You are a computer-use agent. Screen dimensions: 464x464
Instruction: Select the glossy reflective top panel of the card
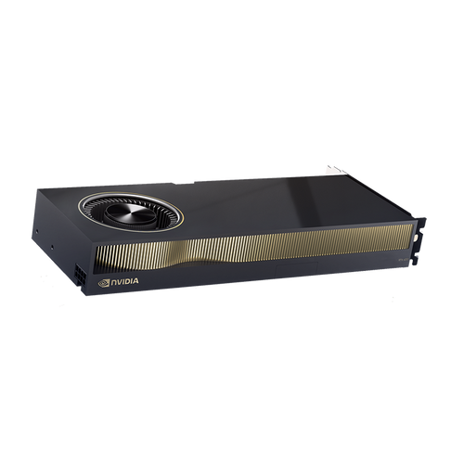click(x=278, y=200)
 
